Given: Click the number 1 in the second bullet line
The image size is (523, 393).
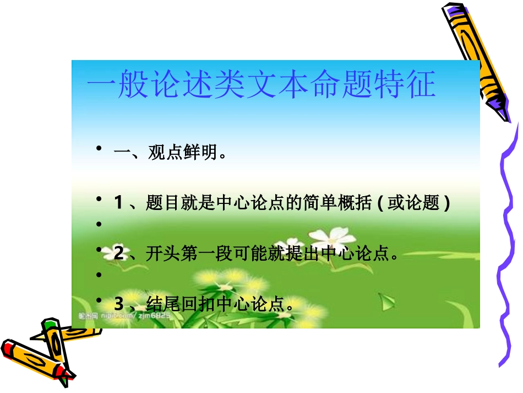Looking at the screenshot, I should [118, 203].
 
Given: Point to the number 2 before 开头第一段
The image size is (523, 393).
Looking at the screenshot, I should [119, 254].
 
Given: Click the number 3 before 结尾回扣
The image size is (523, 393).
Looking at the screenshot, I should [118, 303].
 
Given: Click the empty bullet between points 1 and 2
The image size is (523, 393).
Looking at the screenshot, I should [99, 224].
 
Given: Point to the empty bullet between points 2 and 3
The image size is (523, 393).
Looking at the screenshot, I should [99, 274].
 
